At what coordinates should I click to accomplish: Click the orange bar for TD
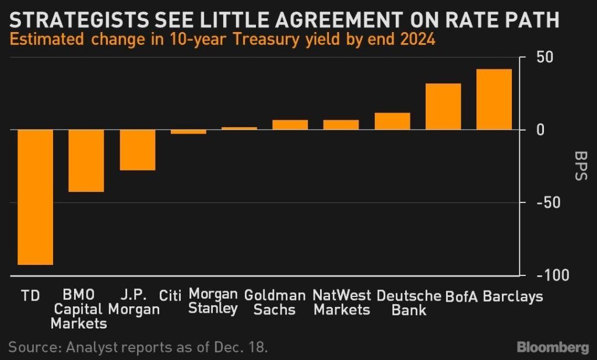[x=36, y=197]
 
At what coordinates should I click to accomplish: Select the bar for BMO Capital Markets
[x=86, y=160]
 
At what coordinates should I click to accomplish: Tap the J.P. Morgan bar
[x=138, y=150]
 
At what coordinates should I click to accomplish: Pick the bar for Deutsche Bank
[x=392, y=121]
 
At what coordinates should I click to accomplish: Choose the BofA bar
[x=443, y=107]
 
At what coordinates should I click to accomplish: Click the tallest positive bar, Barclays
[x=494, y=99]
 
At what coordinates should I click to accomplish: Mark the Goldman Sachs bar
[x=290, y=125]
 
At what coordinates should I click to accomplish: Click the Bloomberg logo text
[x=553, y=347]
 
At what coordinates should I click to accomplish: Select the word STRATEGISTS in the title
[x=76, y=21]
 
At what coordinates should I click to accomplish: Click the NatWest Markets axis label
[x=342, y=302]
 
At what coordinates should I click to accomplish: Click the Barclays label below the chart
[x=512, y=296]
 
